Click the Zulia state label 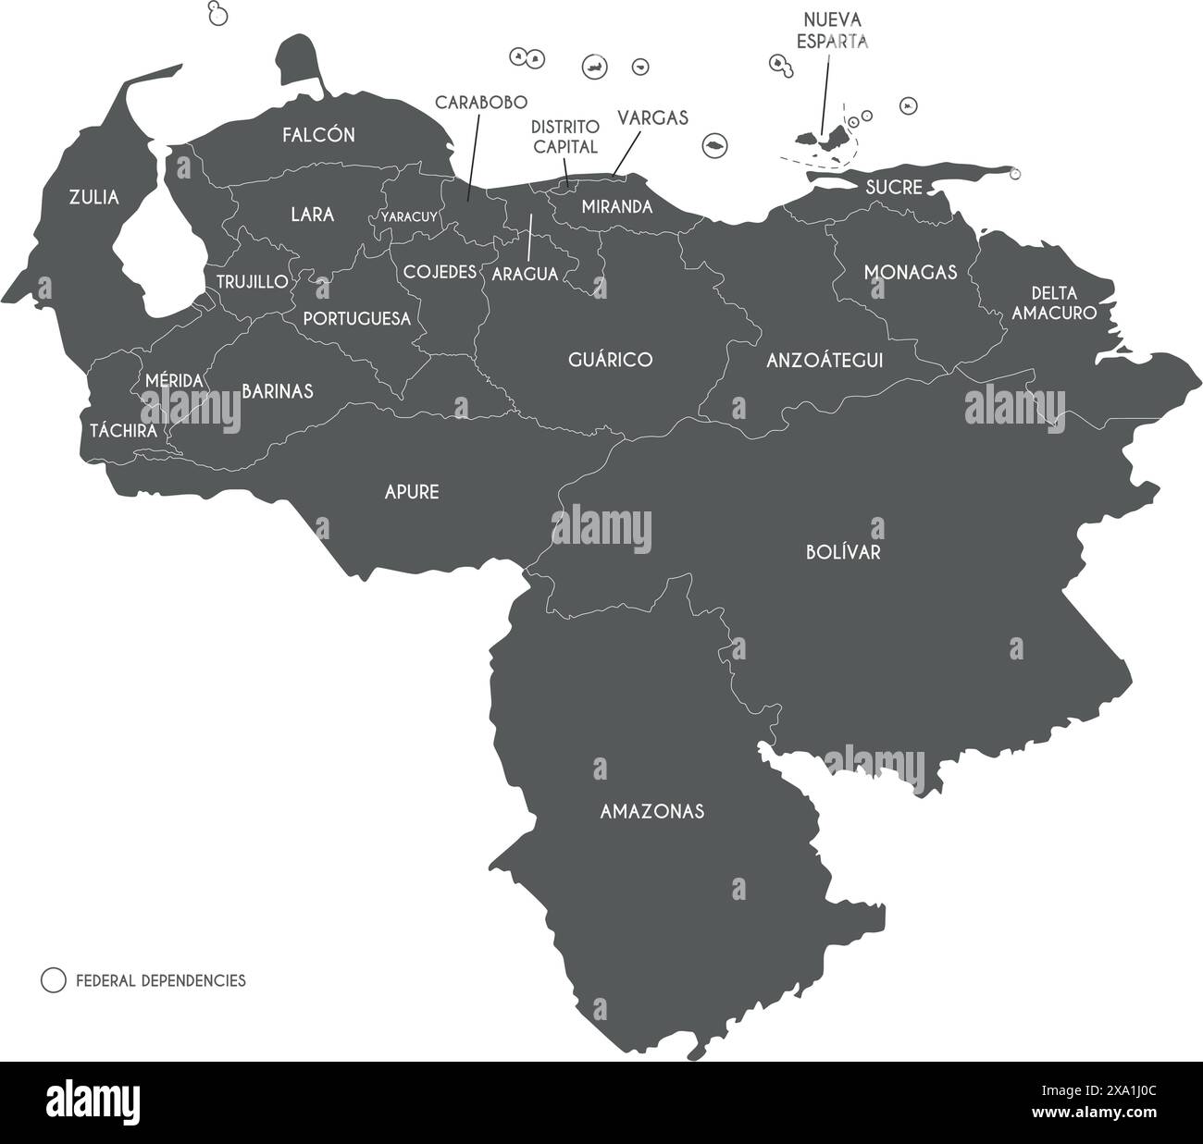[x=93, y=197]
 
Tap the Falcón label [x=318, y=135]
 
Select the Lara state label [x=312, y=215]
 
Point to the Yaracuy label [x=409, y=217]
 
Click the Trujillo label [x=252, y=281]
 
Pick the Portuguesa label [x=356, y=318]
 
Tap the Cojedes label [x=440, y=272]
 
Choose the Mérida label [x=174, y=380]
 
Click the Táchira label [x=122, y=430]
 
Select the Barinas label [x=278, y=391]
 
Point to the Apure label [x=412, y=492]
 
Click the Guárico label [x=610, y=360]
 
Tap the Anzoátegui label [x=825, y=360]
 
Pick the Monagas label [x=910, y=273]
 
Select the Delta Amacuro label [x=1053, y=303]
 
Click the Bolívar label [x=842, y=553]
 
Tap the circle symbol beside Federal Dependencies [x=54, y=980]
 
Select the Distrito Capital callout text [x=564, y=136]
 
